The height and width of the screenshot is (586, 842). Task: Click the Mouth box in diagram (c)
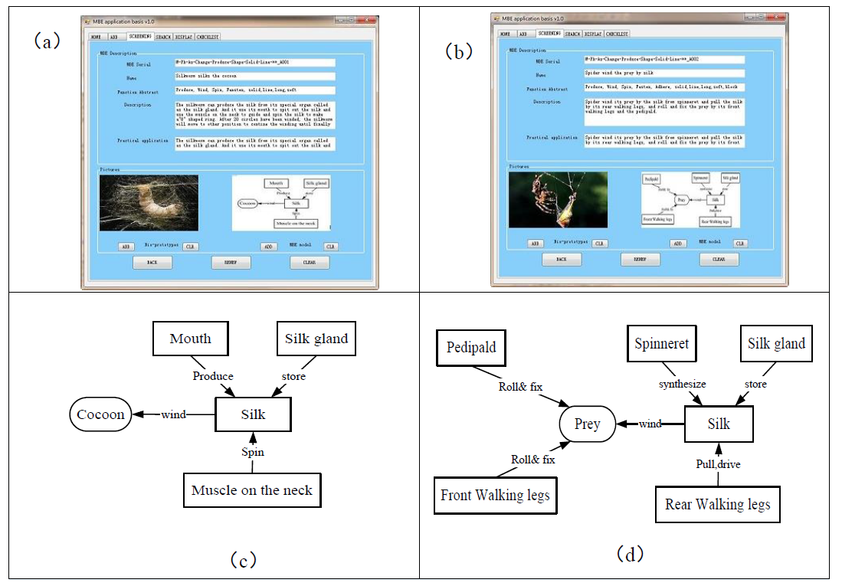tap(190, 338)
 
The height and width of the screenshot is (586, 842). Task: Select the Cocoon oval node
tap(100, 414)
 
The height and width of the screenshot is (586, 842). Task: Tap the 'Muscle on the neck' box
tap(252, 490)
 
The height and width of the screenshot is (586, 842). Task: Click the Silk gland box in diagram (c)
tap(316, 338)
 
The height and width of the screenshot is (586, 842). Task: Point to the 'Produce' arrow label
tap(213, 376)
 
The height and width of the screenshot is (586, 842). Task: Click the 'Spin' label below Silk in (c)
tap(253, 452)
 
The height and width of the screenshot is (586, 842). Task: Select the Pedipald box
tap(471, 347)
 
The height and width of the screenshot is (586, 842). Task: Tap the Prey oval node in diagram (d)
tap(587, 424)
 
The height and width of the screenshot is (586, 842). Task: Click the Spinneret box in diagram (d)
tap(661, 344)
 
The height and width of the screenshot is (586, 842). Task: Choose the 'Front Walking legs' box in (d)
tap(495, 495)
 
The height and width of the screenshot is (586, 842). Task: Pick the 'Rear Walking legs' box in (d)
tap(717, 504)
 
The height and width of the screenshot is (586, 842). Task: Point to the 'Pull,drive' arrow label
tap(719, 464)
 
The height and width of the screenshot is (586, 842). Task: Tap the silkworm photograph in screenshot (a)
tap(149, 203)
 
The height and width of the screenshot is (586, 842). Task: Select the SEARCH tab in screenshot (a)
tap(163, 36)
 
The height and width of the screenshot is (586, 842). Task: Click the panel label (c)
tap(243, 560)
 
